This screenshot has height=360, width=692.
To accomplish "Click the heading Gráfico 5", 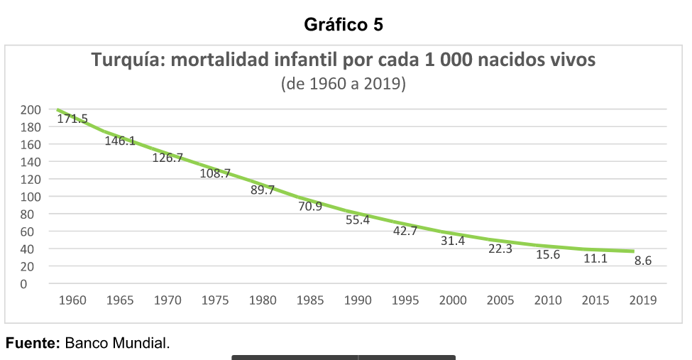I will click(344, 25).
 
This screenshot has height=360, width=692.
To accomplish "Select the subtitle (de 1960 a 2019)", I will click(344, 84).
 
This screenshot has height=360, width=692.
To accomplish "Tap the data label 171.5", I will click(72, 119).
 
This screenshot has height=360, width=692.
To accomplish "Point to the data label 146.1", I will click(120, 141).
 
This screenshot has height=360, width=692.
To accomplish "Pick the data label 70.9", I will click(310, 207).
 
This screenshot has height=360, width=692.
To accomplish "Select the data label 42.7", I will click(405, 231).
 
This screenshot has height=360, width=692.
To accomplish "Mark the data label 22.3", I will click(500, 249).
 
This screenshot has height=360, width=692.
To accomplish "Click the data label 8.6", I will click(643, 261).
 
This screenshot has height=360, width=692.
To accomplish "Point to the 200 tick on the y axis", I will click(31, 109).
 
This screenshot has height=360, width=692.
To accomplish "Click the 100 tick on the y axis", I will click(31, 197).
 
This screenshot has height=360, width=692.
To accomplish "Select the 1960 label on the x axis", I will click(72, 300).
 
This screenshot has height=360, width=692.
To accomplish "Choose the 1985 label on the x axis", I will click(310, 300).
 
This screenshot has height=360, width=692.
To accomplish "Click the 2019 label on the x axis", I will click(643, 300).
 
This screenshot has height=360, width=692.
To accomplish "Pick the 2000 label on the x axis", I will click(453, 300).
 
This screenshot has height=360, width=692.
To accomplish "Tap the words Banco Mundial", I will click(117, 344).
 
